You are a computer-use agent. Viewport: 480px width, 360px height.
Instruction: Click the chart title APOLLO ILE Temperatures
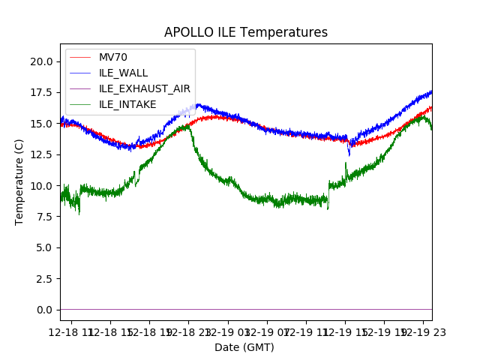click(x=246, y=33)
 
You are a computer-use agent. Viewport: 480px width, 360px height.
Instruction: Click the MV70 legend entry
click(x=112, y=57)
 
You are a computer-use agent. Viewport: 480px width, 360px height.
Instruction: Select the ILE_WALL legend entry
click(x=123, y=73)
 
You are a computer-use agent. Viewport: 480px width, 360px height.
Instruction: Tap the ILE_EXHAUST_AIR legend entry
click(x=144, y=88)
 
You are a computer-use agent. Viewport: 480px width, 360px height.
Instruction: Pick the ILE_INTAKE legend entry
click(x=127, y=104)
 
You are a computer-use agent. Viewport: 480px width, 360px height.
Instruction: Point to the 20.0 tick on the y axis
click(x=42, y=61)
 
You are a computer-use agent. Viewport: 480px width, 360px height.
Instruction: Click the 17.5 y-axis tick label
click(x=42, y=92)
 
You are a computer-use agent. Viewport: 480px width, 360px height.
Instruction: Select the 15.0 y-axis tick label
click(x=42, y=124)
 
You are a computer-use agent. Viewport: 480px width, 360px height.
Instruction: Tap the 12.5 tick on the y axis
click(x=42, y=154)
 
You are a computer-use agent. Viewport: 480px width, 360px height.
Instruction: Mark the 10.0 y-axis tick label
click(x=42, y=186)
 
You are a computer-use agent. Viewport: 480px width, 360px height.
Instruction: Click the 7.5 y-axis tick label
click(x=44, y=217)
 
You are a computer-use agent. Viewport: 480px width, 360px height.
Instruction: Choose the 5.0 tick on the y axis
click(x=44, y=247)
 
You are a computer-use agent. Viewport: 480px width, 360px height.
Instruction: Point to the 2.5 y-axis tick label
click(x=44, y=279)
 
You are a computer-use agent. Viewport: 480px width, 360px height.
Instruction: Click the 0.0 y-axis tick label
click(x=44, y=310)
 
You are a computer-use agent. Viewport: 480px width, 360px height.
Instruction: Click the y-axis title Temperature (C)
click(x=19, y=181)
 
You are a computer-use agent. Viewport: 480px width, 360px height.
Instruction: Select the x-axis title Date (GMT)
click(x=244, y=347)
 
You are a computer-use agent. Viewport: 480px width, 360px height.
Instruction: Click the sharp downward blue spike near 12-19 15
click(x=349, y=154)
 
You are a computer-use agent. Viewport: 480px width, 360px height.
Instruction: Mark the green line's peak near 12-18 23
click(x=186, y=126)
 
